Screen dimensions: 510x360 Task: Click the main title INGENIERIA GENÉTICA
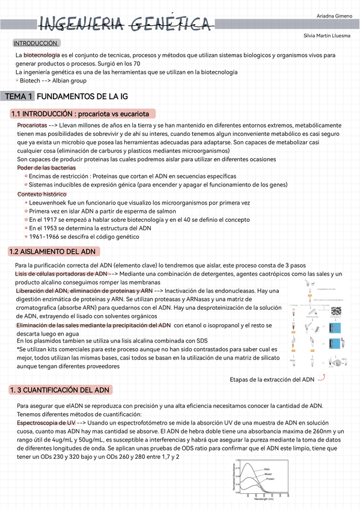(125, 24)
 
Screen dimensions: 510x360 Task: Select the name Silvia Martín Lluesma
(328, 37)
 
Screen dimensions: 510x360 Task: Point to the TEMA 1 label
(18, 96)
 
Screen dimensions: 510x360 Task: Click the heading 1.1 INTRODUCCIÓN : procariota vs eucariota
(80, 114)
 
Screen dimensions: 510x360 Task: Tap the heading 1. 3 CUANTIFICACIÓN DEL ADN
(59, 390)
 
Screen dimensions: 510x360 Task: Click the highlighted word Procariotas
(32, 124)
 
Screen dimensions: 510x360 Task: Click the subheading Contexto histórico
(41, 194)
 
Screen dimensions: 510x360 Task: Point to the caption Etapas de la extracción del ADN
(272, 379)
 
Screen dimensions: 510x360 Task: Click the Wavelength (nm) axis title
(264, 499)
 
